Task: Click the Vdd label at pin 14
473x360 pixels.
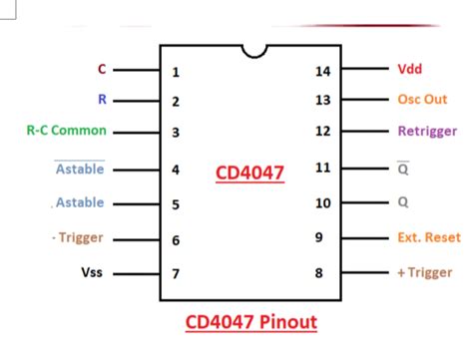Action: click(x=409, y=70)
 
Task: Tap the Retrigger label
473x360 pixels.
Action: click(x=426, y=131)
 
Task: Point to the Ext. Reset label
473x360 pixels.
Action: click(x=429, y=237)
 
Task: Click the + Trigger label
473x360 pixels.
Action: click(x=424, y=272)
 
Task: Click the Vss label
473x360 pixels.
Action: click(x=92, y=272)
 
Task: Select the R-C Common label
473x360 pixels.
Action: click(x=66, y=131)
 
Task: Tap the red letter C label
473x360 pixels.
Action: click(x=101, y=70)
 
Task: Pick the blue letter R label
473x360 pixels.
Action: click(x=101, y=100)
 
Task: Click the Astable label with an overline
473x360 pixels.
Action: click(x=80, y=170)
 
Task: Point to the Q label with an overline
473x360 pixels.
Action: click(x=403, y=170)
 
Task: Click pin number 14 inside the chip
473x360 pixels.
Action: click(x=321, y=71)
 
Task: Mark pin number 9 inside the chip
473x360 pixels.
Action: click(x=321, y=237)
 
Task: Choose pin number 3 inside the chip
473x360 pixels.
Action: click(x=176, y=133)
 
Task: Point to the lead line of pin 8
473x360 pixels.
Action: click(x=368, y=271)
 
